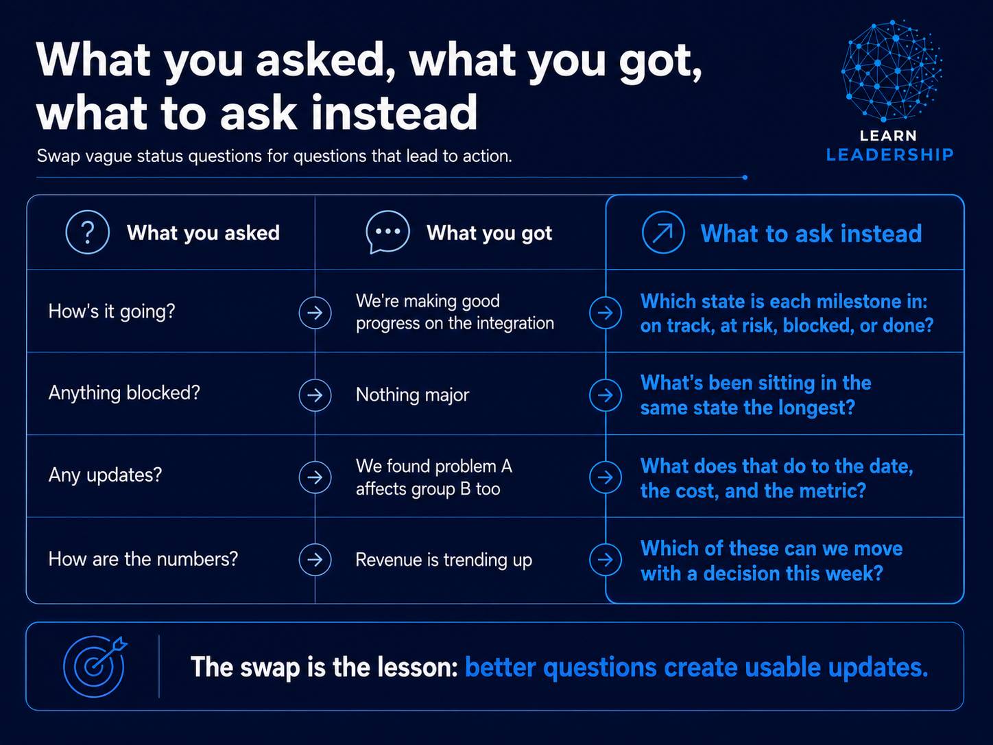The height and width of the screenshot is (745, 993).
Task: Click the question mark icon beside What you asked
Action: point(87,233)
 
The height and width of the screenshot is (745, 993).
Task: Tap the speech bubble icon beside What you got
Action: point(387,232)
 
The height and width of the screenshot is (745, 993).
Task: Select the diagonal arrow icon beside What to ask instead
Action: point(663,233)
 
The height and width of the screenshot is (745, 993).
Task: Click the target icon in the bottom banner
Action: point(95,666)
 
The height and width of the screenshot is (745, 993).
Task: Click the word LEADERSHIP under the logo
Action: point(890,155)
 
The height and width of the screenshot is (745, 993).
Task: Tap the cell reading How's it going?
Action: point(112,311)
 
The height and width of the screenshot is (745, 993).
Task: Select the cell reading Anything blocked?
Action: point(124,393)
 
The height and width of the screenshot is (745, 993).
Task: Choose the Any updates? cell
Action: point(105,475)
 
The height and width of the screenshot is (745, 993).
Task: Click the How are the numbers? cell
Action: point(143,559)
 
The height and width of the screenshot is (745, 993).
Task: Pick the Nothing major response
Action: point(412,395)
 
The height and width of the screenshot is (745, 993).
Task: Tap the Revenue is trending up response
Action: point(443,560)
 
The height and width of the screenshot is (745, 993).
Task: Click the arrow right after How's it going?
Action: point(315,313)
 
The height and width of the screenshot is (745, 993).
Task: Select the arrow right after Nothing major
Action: point(606,395)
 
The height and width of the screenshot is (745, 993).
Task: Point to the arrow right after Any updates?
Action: point(315,477)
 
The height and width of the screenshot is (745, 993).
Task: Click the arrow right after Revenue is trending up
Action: point(606,560)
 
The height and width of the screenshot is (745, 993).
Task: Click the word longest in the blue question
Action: point(817,407)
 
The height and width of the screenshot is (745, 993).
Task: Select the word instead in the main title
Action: point(394,113)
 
